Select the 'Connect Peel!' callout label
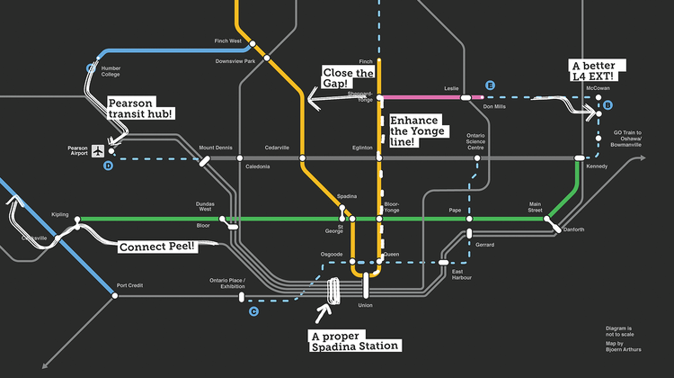(x=157, y=246)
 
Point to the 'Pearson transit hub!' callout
(x=140, y=110)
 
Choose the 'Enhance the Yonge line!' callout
(x=412, y=131)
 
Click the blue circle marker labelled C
(x=253, y=311)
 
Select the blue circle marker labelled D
(x=108, y=166)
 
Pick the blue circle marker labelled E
(x=490, y=85)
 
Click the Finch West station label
(x=228, y=41)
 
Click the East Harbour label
(x=463, y=274)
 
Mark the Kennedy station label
(x=597, y=166)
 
